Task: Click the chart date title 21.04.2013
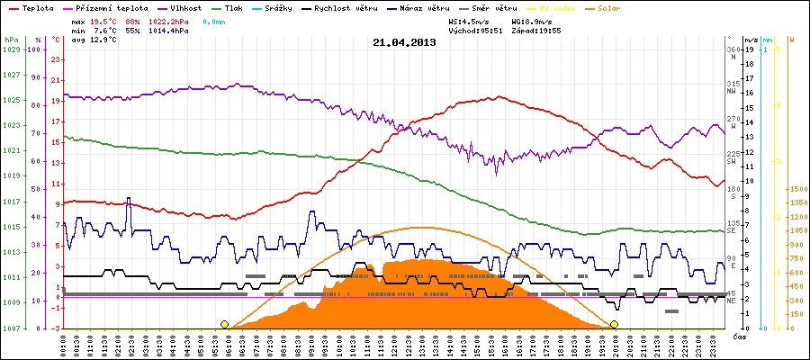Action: [x=404, y=42]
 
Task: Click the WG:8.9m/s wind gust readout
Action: [x=531, y=20]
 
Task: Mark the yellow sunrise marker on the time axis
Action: [x=224, y=324]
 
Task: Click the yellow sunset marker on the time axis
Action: [x=615, y=324]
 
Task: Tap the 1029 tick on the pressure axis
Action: [x=11, y=49]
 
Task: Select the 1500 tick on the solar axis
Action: [x=796, y=190]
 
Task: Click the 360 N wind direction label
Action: [x=732, y=53]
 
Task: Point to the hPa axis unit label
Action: [x=10, y=40]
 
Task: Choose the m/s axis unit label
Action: [x=751, y=40]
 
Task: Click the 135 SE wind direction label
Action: [x=732, y=227]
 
